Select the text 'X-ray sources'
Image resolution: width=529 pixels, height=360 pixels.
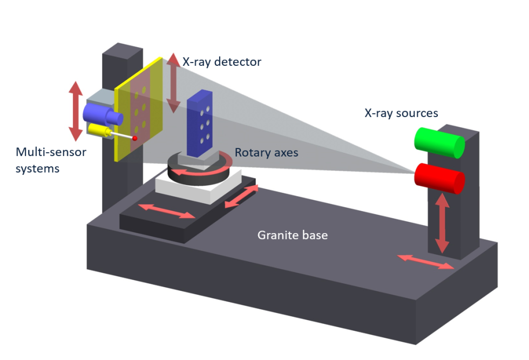point(401,113)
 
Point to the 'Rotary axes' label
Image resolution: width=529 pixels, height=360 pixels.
point(266,153)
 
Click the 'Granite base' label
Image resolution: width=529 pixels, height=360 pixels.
point(293,235)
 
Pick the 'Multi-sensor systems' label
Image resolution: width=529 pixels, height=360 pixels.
point(50,160)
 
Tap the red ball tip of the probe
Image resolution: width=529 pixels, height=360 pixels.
point(135,139)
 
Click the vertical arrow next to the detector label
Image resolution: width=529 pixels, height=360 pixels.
point(173,83)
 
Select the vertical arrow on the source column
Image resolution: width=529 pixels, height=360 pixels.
point(443,223)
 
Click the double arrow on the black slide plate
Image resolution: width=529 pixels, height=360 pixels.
point(167,211)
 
